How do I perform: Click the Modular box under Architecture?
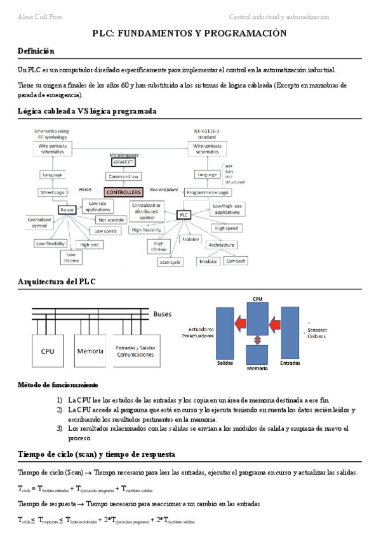[209, 261]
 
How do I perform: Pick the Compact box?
[236, 261]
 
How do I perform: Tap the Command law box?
[124, 176]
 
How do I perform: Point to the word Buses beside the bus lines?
[162, 313]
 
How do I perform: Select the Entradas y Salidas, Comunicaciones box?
[135, 350]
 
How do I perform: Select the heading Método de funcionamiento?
[58, 385]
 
